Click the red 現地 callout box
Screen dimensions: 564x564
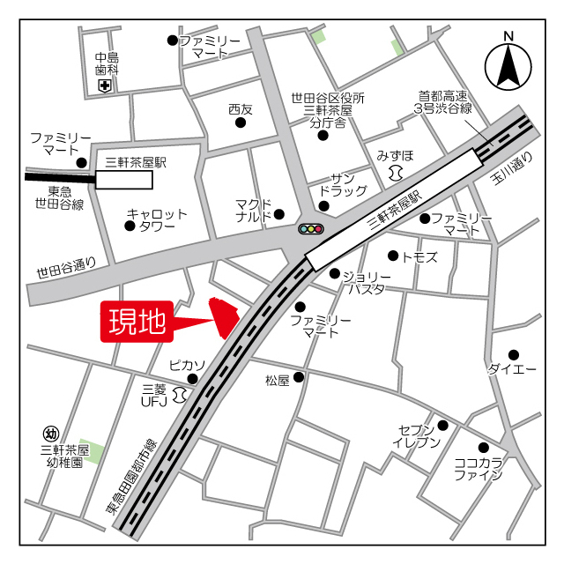coord(137,323)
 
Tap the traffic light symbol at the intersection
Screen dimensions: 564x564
coord(311,229)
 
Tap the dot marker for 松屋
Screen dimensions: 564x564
coord(299,377)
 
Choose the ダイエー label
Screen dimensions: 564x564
coord(512,369)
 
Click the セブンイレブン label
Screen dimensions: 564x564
coord(416,435)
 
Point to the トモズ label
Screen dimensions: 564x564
coord(419,256)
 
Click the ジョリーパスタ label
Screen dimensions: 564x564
coord(364,281)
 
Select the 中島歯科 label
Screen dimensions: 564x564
coord(107,63)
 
